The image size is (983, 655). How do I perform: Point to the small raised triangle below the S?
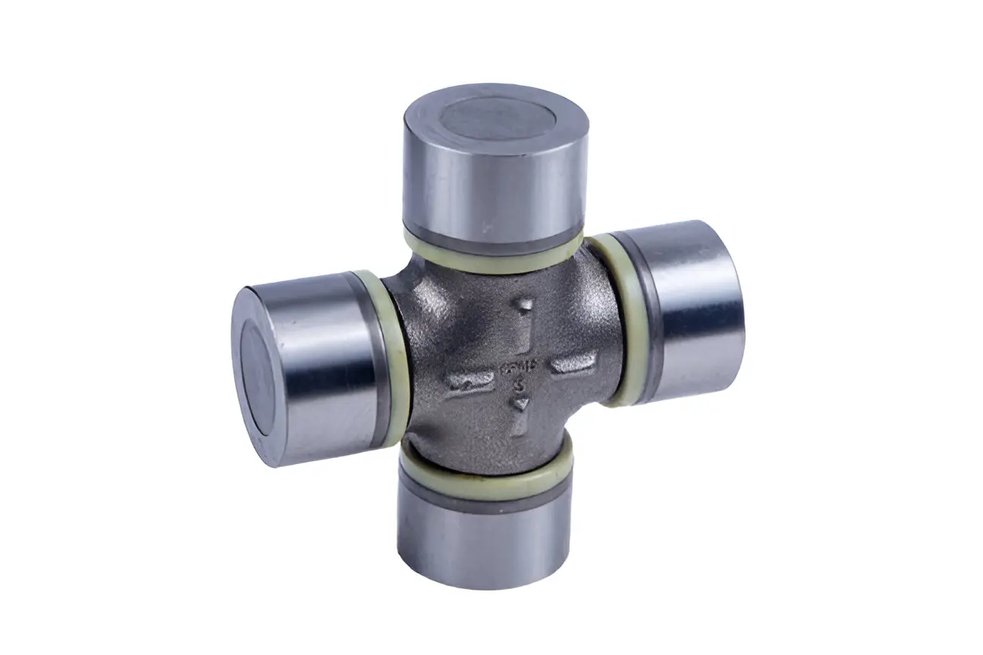520,406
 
